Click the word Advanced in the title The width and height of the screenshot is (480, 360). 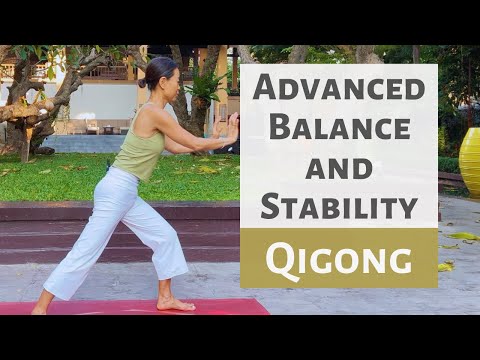(x=338, y=88)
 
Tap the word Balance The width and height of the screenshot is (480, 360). (x=338, y=128)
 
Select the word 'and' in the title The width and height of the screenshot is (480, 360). (x=338, y=167)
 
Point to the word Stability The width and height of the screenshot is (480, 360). (x=338, y=206)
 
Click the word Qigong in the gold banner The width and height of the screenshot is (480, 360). (x=338, y=259)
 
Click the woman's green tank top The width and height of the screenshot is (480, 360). (x=140, y=150)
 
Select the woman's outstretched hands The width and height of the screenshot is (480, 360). (x=231, y=128)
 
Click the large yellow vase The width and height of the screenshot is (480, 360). (x=468, y=162)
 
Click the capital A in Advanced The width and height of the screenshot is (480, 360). (x=264, y=87)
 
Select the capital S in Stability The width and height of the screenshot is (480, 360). (x=271, y=206)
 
